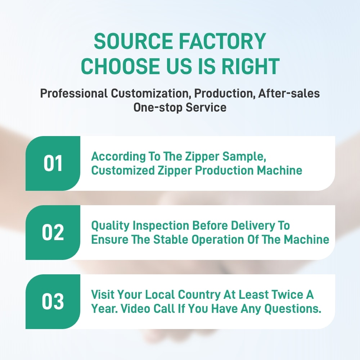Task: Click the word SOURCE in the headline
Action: [134, 41]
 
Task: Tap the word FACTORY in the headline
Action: [222, 41]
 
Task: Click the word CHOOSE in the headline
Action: [120, 66]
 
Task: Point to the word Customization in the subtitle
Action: [151, 94]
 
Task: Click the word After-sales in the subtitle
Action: [289, 94]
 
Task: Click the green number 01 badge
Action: [53, 163]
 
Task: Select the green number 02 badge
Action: [53, 232]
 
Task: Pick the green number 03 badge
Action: [53, 301]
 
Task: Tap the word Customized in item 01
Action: [123, 171]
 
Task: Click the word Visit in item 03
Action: [102, 294]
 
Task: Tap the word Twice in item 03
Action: [287, 294]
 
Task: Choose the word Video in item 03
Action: [135, 309]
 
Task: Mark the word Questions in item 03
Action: [293, 309]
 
